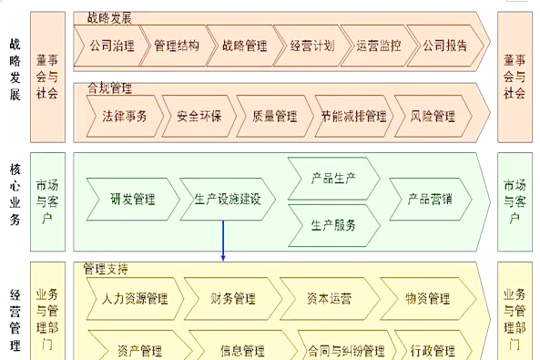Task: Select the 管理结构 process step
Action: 177,46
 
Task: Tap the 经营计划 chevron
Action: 312,46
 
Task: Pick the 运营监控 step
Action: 379,46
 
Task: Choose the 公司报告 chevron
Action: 445,46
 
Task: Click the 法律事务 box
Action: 125,117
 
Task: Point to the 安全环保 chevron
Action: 199,117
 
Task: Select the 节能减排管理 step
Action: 353,117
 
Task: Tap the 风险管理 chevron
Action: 433,117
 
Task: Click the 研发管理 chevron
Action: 133,199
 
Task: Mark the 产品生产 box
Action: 333,179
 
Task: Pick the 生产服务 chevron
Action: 333,225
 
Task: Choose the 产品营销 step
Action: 430,199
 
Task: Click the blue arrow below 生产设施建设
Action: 223,241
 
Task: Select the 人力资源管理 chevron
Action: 135,299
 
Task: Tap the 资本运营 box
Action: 330,299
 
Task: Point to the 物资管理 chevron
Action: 428,299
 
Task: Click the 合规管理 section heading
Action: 109,87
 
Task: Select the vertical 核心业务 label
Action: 15,194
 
